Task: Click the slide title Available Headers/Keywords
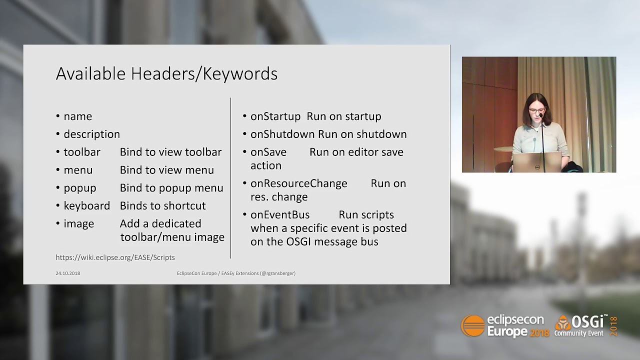pyautogui.click(x=166, y=74)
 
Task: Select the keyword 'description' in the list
pyautogui.click(x=91, y=134)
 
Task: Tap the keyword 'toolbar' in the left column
pyautogui.click(x=82, y=152)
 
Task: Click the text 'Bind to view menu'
pyautogui.click(x=166, y=170)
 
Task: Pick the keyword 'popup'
pyautogui.click(x=79, y=188)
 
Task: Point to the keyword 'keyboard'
pyautogui.click(x=86, y=206)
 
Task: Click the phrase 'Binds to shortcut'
pyautogui.click(x=162, y=206)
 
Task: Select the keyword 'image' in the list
pyautogui.click(x=78, y=224)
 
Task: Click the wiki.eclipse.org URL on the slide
pyautogui.click(x=115, y=257)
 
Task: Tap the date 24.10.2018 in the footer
pyautogui.click(x=67, y=273)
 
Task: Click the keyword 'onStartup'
pyautogui.click(x=275, y=116)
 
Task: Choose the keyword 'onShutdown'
pyautogui.click(x=282, y=134)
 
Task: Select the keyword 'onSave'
pyautogui.click(x=268, y=152)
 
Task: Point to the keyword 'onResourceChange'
pyautogui.click(x=298, y=183)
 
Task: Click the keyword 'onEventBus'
pyautogui.click(x=279, y=215)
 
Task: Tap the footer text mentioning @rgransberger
pyautogui.click(x=236, y=273)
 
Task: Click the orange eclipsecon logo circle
pyautogui.click(x=472, y=326)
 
